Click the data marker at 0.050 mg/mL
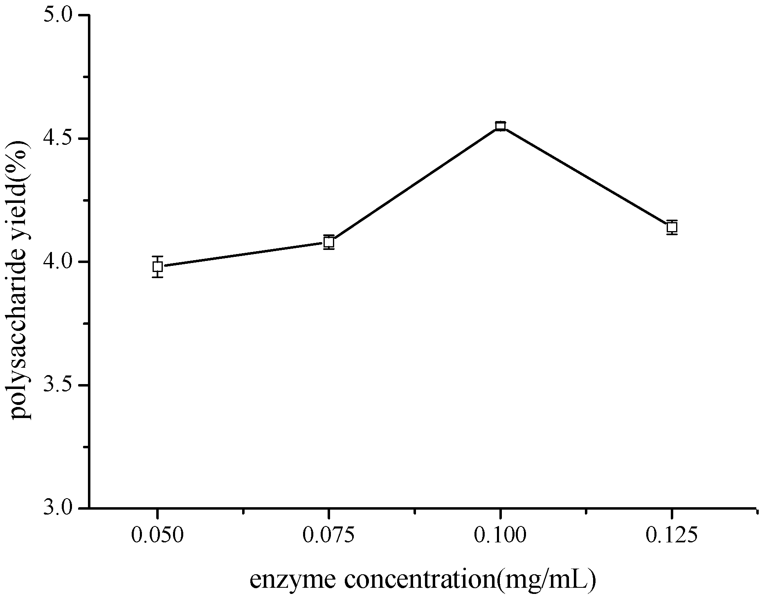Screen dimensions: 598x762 (157, 267)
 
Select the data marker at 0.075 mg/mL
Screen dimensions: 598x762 (329, 242)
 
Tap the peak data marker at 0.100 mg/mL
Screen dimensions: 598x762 (500, 126)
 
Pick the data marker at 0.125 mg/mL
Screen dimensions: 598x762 (672, 227)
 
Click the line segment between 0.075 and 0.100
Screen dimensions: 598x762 (414, 184)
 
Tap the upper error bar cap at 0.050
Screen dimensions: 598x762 (157, 256)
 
